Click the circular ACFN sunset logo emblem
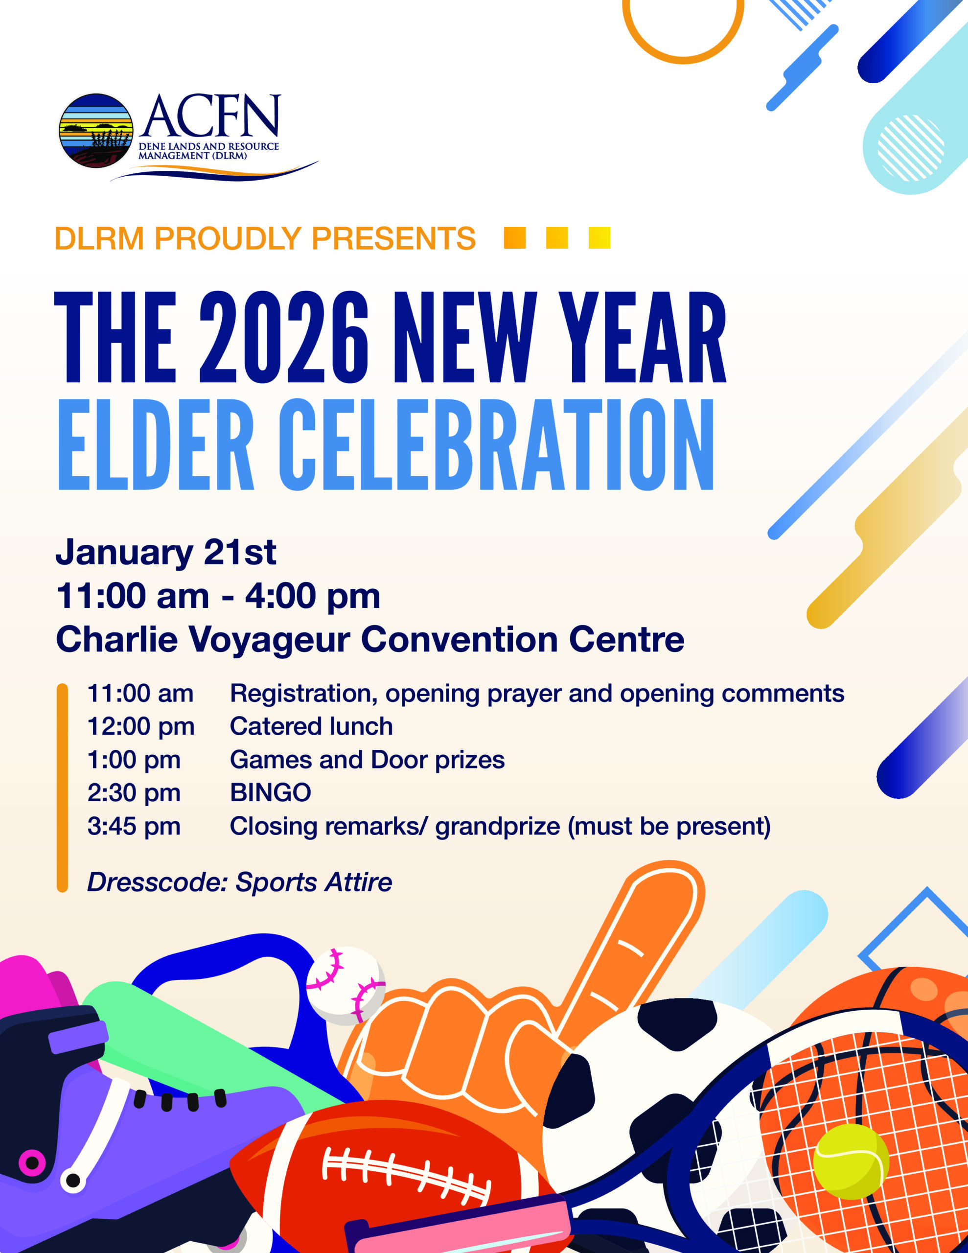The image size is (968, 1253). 96,131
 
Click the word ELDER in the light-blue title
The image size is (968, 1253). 156,444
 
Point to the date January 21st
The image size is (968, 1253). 166,552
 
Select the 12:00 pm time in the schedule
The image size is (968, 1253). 141,726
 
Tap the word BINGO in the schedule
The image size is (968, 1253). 270,793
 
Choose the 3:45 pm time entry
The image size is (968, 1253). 134,826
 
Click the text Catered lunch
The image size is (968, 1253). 311,726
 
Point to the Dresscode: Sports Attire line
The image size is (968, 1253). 239,882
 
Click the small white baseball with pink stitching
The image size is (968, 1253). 346,986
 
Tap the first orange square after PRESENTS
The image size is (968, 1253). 515,238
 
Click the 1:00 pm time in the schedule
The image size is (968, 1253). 134,760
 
